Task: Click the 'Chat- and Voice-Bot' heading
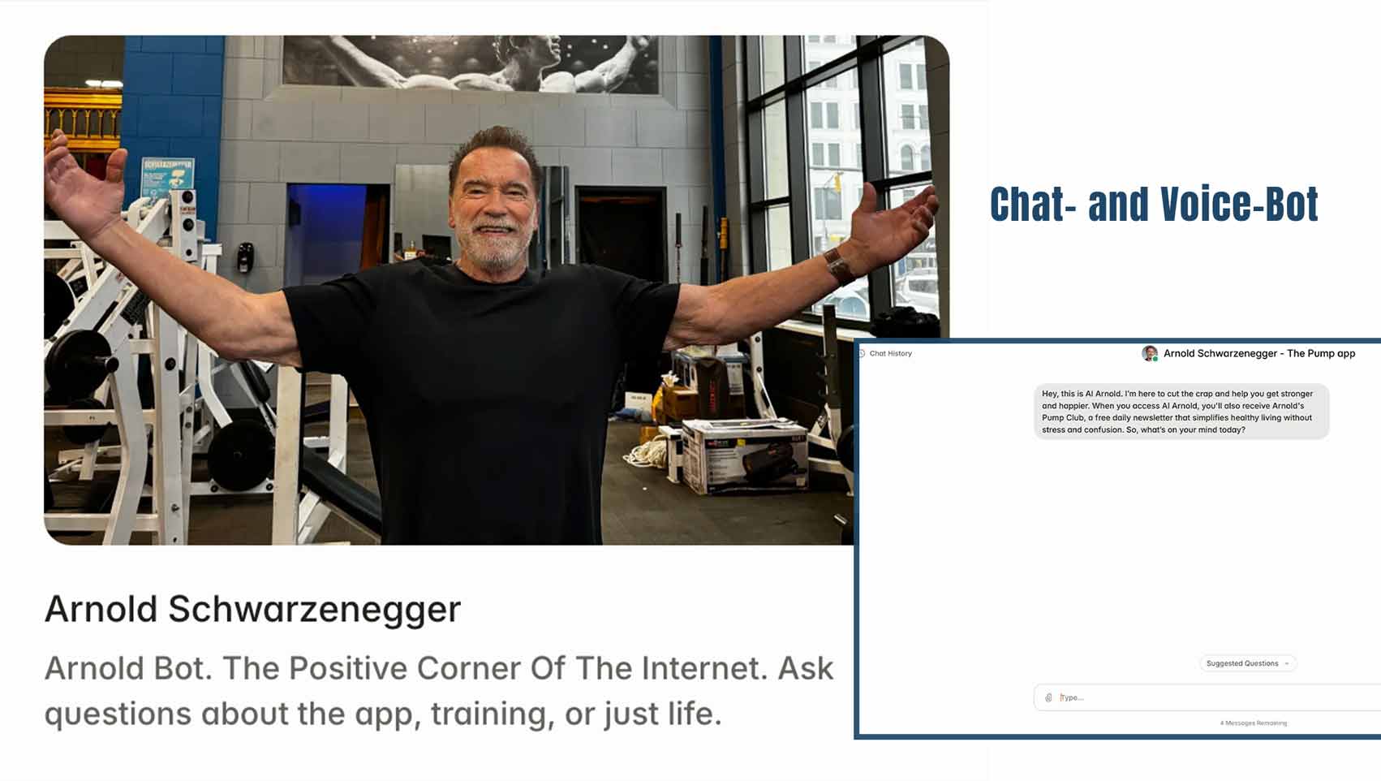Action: [1154, 205]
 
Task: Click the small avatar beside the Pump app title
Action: [1149, 353]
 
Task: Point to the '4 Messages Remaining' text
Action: [1254, 723]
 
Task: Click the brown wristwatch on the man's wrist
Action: [838, 265]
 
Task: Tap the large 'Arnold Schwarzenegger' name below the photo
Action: [253, 610]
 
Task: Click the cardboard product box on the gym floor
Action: [745, 455]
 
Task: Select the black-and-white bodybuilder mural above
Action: [471, 64]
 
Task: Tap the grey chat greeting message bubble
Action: [1181, 412]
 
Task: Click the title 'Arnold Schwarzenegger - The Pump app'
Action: [1259, 353]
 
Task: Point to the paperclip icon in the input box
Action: [1048, 697]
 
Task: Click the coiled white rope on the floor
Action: [647, 455]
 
